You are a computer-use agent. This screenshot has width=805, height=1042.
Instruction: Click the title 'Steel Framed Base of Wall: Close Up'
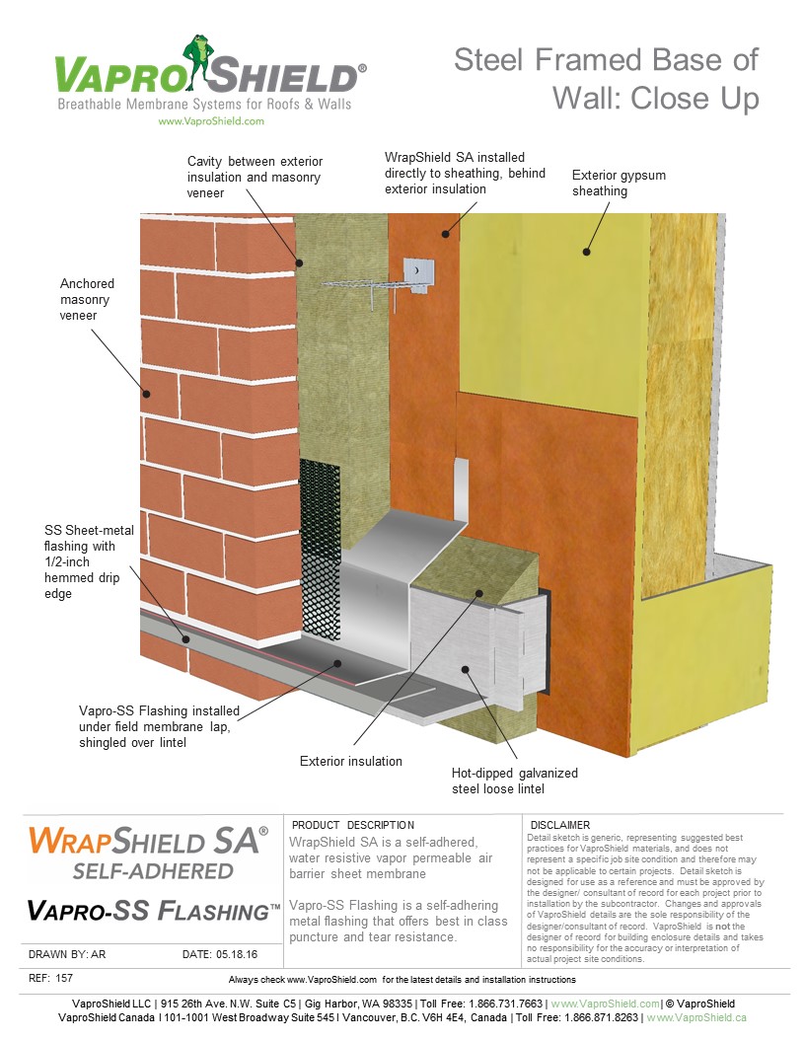coord(606,78)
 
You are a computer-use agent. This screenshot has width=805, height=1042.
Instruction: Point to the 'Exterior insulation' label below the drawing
coord(351,761)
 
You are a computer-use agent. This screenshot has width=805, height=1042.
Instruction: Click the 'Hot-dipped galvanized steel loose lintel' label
coord(514,781)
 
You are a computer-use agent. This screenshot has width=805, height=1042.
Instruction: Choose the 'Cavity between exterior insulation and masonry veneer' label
coord(255,177)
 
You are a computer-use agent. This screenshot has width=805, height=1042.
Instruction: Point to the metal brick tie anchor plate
coord(418,268)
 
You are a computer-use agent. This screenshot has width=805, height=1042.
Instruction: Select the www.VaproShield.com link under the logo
coord(211,121)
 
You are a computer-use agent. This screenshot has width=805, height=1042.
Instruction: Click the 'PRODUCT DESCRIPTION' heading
coord(353,825)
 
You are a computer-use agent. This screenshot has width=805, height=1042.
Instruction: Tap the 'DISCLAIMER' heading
coord(560,825)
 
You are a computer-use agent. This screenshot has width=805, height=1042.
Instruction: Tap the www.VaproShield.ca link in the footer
coord(695,1017)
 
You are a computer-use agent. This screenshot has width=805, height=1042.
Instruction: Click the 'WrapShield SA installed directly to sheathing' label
coord(454,173)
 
